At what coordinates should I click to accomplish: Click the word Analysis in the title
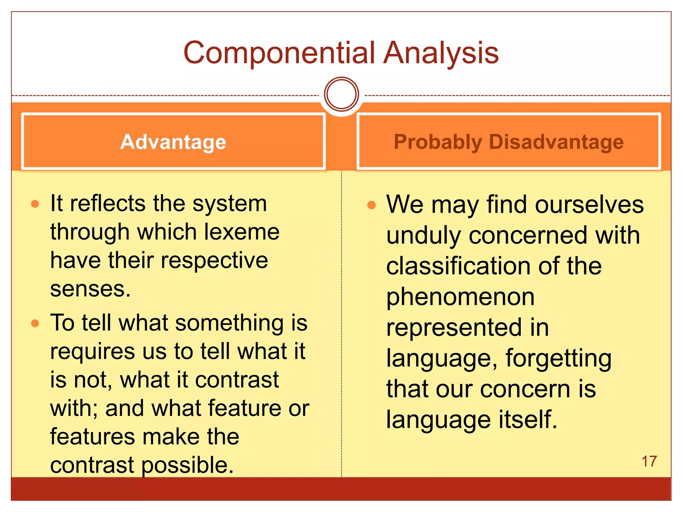pyautogui.click(x=441, y=53)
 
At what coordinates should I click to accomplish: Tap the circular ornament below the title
pyautogui.click(x=341, y=94)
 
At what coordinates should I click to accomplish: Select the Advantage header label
pyautogui.click(x=173, y=142)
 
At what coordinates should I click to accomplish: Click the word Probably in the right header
pyautogui.click(x=438, y=142)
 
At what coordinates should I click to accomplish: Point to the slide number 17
pyautogui.click(x=649, y=461)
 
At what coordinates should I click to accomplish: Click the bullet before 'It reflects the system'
pyautogui.click(x=35, y=204)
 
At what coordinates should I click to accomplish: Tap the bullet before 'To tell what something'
pyautogui.click(x=35, y=323)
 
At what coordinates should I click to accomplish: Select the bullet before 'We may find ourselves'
pyautogui.click(x=371, y=205)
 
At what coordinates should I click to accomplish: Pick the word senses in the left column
pyautogui.click(x=90, y=289)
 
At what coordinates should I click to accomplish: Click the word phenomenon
pyautogui.click(x=460, y=297)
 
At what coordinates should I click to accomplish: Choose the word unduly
pyautogui.click(x=424, y=235)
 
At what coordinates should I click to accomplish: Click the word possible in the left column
pyautogui.click(x=187, y=465)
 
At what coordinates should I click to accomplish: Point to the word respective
pyautogui.click(x=214, y=260)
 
